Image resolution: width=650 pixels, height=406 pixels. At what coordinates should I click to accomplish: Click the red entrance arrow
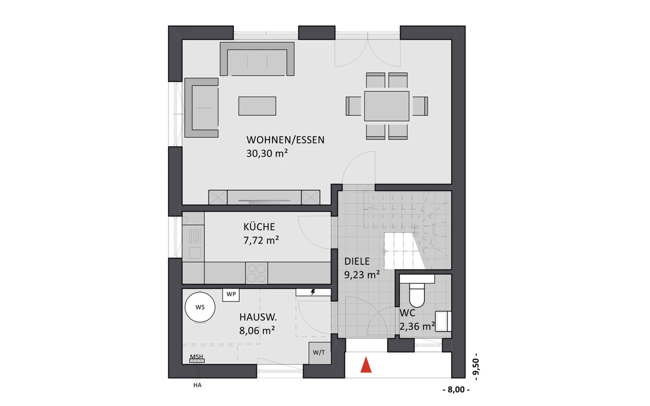pyautogui.click(x=366, y=365)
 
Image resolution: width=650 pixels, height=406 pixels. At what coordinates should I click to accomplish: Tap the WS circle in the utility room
pyautogui.click(x=200, y=307)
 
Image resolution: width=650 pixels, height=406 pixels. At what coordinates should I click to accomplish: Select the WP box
pyautogui.click(x=231, y=295)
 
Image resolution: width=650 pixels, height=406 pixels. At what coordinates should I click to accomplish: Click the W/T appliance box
pyautogui.click(x=319, y=353)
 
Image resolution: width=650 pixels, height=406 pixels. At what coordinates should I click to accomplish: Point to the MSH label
pyautogui.click(x=197, y=357)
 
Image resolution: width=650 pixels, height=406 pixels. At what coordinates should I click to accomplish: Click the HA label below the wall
pyautogui.click(x=197, y=385)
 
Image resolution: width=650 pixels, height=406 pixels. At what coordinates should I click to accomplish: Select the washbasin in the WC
pyautogui.click(x=443, y=321)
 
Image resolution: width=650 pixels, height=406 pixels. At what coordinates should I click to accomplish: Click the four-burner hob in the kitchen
pyautogui.click(x=256, y=273)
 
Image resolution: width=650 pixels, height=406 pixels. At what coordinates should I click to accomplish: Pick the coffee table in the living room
pyautogui.click(x=257, y=106)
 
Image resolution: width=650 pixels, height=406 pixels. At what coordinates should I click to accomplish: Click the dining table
pyautogui.click(x=387, y=106)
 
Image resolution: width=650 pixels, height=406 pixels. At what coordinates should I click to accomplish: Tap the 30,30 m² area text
pyautogui.click(x=267, y=153)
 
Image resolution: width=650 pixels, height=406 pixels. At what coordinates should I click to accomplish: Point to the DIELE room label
pyautogui.click(x=357, y=261)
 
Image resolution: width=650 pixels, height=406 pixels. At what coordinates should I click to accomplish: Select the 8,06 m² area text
pyautogui.click(x=257, y=330)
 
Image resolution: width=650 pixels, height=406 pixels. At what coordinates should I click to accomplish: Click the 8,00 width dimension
pyautogui.click(x=456, y=389)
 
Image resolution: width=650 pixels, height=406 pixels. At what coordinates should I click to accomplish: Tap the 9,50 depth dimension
pyautogui.click(x=476, y=367)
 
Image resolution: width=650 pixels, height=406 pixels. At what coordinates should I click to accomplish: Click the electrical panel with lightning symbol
pyautogui.click(x=313, y=292)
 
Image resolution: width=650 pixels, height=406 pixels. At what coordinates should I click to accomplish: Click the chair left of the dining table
pyautogui.click(x=353, y=106)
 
